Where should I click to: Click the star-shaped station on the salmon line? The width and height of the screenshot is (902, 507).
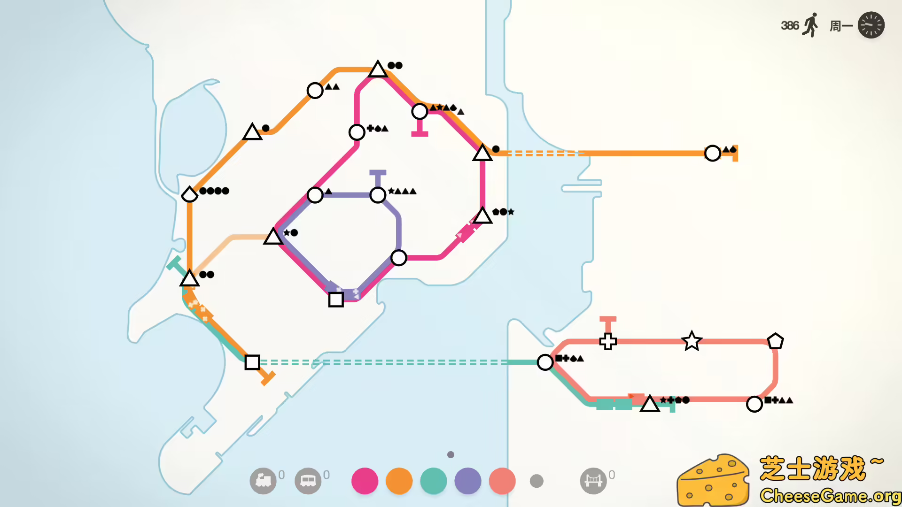(x=692, y=341)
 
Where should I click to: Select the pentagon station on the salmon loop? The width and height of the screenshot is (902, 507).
(x=775, y=341)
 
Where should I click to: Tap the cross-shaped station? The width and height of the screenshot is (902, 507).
(x=608, y=341)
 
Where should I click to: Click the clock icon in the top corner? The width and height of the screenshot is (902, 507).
(x=871, y=25)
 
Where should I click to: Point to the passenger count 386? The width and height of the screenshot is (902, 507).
(x=789, y=25)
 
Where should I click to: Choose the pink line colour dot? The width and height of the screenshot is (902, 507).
(x=365, y=481)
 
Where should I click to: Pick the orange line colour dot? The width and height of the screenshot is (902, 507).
(x=399, y=481)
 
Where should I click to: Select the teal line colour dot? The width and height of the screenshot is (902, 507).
(x=433, y=481)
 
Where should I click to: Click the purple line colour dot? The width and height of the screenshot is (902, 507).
(x=468, y=481)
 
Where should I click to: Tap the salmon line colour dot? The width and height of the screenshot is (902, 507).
(x=502, y=481)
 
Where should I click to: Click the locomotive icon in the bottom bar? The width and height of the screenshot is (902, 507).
(x=263, y=481)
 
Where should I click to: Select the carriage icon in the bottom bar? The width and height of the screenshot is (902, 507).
(x=308, y=481)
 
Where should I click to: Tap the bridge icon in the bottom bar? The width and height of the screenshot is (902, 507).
(x=593, y=481)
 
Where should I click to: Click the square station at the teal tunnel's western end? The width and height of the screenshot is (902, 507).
(x=252, y=362)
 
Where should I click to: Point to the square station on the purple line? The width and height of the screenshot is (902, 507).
(x=336, y=299)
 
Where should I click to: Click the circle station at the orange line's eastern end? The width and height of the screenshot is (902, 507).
(x=713, y=153)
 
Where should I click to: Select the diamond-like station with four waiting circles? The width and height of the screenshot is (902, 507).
(x=189, y=194)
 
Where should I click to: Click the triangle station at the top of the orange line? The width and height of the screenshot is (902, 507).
(x=378, y=69)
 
